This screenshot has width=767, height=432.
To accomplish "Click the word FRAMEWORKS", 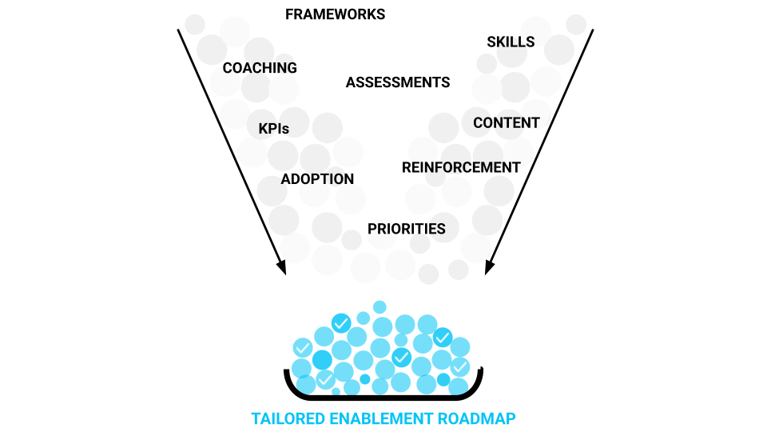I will [x=335, y=14].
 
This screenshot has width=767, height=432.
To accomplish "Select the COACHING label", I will [x=260, y=68].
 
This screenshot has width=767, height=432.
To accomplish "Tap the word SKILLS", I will [x=511, y=42].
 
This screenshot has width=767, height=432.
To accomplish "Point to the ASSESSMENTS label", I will [x=398, y=82].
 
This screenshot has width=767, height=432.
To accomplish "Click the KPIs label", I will [x=273, y=128].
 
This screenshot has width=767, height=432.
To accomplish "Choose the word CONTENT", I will [x=507, y=123].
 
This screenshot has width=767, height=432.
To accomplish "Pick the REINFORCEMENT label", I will [x=461, y=168].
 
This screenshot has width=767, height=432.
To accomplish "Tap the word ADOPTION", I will [x=317, y=179].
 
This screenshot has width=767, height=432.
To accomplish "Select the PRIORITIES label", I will [x=407, y=229].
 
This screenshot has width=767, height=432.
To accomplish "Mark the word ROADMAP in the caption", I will [x=476, y=418].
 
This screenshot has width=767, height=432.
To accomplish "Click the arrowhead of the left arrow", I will [x=281, y=268].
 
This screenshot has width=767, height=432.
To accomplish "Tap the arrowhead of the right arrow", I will [x=489, y=268].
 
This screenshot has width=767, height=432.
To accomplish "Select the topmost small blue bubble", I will [x=380, y=307].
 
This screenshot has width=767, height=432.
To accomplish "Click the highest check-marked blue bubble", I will [x=341, y=323].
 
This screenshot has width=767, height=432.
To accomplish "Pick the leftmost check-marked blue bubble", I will [x=303, y=348].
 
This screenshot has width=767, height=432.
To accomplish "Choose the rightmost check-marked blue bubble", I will [x=459, y=366].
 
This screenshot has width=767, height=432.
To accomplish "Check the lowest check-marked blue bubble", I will [x=324, y=378].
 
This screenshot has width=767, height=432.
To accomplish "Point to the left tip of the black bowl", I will [x=287, y=371].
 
